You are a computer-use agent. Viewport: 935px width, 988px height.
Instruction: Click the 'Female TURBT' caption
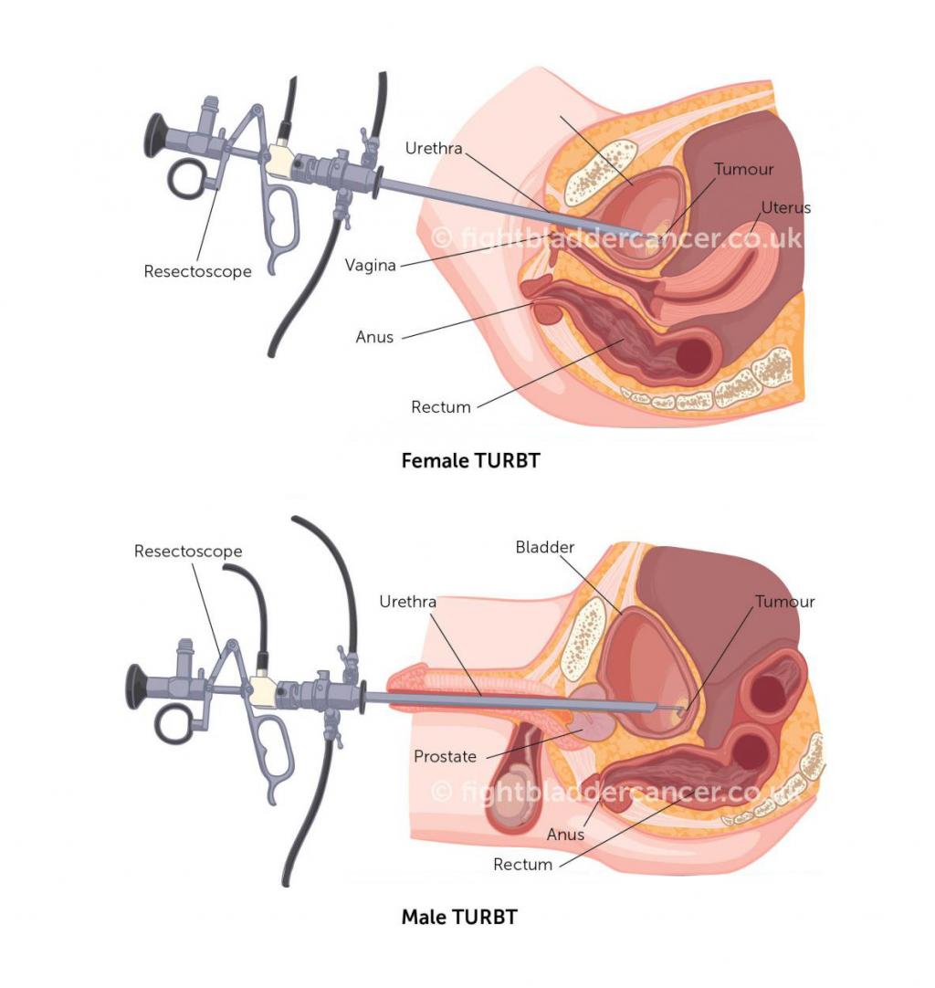470,460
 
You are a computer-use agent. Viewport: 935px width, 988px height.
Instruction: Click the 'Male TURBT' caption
459,916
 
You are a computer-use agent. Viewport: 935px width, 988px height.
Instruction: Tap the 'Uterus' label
785,207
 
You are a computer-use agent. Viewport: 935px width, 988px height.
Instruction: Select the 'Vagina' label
371,266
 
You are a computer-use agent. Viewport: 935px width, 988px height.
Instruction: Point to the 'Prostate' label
445,756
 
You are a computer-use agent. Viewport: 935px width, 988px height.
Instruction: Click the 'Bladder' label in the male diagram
545,547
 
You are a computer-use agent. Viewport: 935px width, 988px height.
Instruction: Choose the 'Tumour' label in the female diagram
743,169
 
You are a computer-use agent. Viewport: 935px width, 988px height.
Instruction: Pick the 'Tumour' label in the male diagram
785,602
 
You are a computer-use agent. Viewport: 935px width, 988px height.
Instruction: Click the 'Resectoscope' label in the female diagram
198,271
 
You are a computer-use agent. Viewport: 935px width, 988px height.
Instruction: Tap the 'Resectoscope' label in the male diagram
188,552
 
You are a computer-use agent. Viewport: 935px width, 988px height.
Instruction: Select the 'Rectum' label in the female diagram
441,407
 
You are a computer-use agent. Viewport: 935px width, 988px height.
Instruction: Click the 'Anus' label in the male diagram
565,835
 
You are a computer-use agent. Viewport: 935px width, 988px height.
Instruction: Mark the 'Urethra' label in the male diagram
407,602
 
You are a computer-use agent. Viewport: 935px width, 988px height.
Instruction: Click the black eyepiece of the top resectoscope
156,135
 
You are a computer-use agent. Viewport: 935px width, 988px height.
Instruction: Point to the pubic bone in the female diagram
601,173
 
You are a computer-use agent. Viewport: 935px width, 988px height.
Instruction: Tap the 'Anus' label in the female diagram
374,337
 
